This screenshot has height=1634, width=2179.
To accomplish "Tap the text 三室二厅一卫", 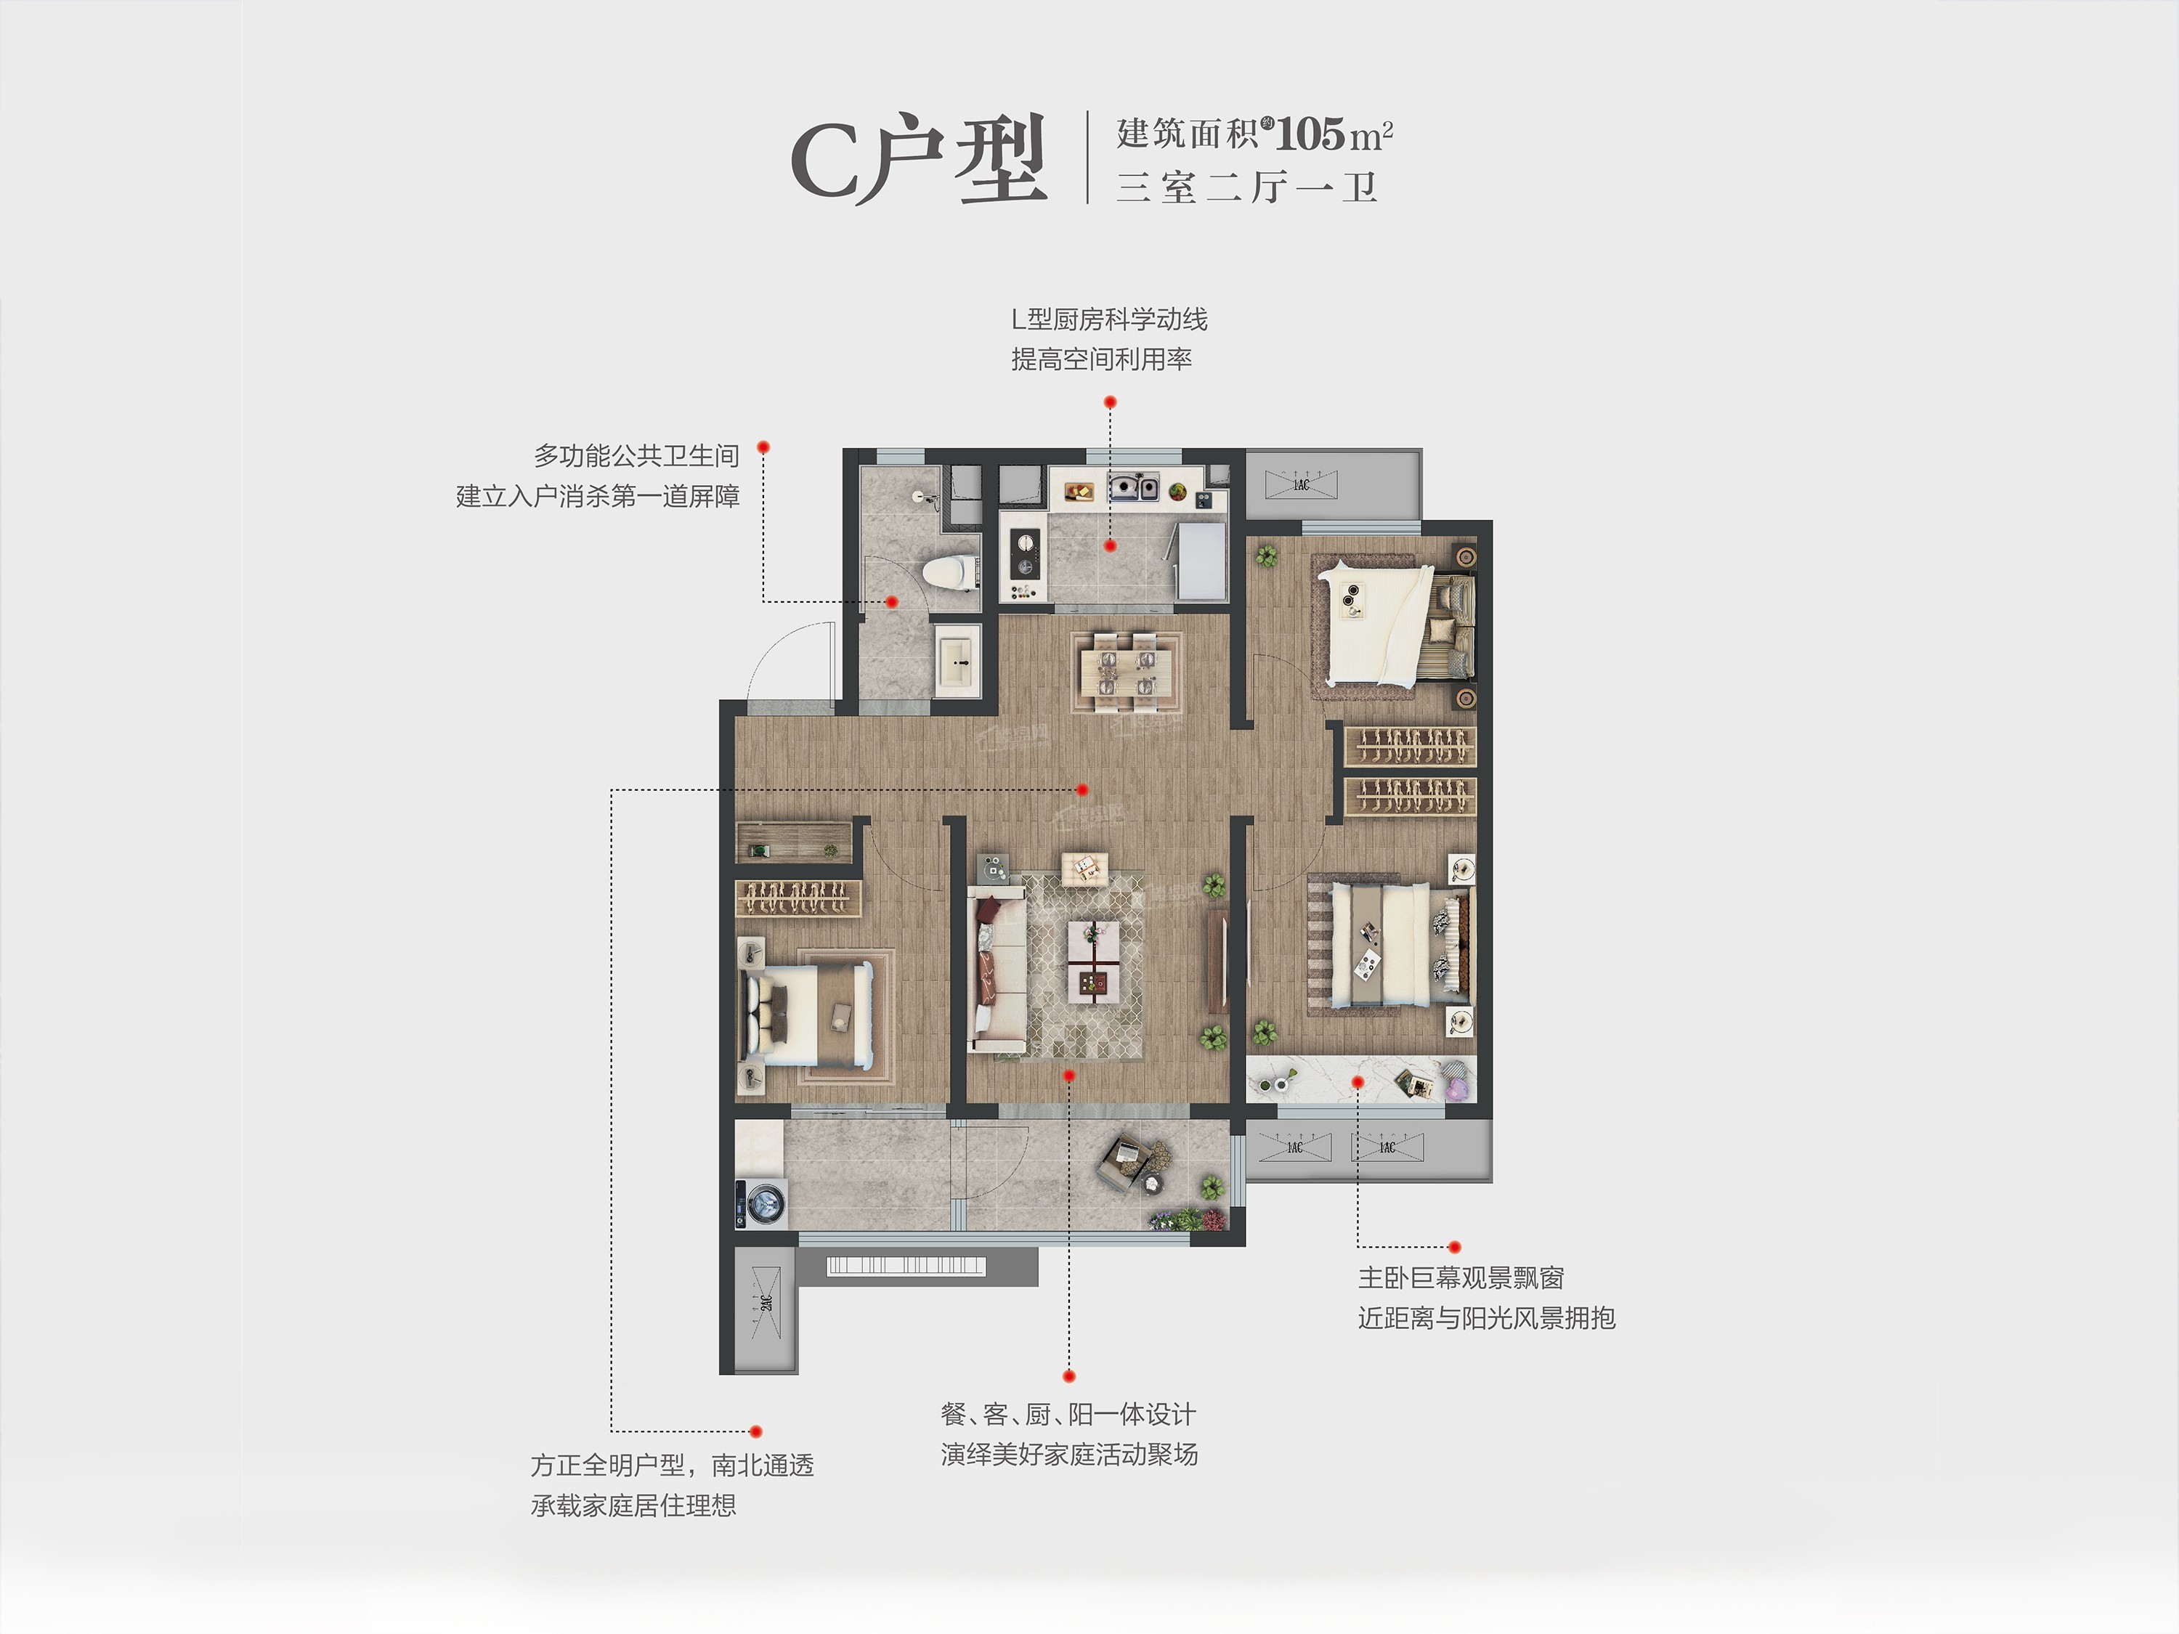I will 1246,187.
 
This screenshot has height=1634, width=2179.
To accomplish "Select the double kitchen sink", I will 1133,487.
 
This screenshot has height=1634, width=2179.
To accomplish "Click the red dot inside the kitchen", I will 1110,545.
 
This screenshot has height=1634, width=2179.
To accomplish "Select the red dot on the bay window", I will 1358,1081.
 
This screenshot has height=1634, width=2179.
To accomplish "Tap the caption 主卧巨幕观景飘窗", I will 1461,1278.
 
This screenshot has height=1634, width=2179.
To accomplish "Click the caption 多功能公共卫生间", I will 636,456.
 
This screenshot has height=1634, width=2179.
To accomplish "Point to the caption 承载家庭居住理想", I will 633,1505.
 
